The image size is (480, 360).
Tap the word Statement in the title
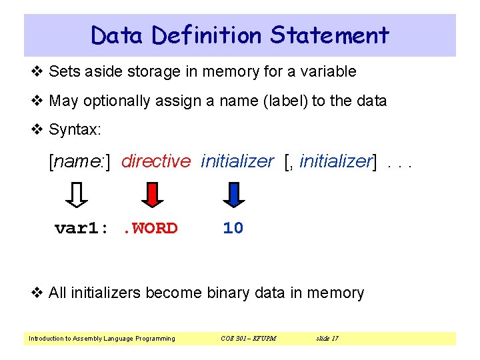point(329,35)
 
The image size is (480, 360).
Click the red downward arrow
point(153,195)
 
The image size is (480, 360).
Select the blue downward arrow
point(234,195)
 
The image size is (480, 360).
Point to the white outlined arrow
point(78,195)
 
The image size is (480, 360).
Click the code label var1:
point(81,229)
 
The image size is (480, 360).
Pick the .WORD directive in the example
point(150,229)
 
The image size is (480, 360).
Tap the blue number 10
point(233,229)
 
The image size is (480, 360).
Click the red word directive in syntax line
point(156,161)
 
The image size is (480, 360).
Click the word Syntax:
point(75,129)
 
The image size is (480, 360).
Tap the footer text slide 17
point(327,339)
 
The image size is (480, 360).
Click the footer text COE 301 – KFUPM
point(248,339)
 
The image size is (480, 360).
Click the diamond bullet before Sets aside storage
point(38,71)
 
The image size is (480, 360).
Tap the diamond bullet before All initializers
point(38,293)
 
